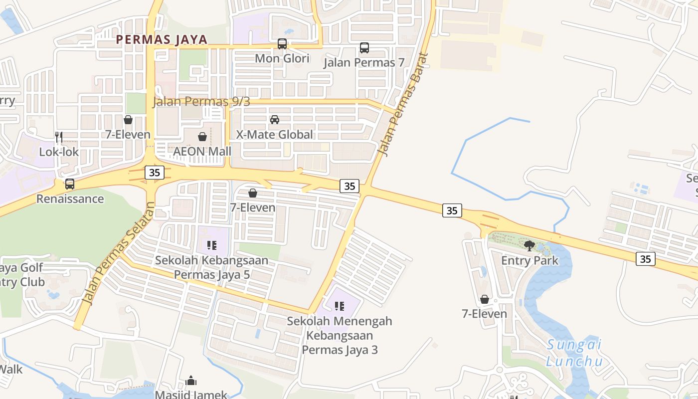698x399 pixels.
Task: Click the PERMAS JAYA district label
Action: click(162, 40)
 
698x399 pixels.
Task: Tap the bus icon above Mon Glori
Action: click(282, 44)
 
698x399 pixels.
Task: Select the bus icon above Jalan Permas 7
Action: click(364, 48)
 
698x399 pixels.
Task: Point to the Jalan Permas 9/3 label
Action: click(201, 101)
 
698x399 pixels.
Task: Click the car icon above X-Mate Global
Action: click(275, 120)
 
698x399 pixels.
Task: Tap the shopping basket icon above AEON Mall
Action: click(202, 137)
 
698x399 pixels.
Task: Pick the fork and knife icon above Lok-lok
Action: click(59, 137)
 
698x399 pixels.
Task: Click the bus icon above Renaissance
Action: click(70, 184)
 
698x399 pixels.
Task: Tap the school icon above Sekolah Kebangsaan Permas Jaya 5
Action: click(211, 245)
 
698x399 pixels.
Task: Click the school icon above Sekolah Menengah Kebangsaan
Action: click(340, 306)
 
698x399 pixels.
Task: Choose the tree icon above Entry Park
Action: click(529, 245)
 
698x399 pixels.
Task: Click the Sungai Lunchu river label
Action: click(574, 353)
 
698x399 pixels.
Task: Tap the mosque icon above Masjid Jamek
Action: click(191, 382)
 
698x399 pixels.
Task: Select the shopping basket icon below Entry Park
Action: click(484, 299)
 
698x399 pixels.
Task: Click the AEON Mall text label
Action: click(202, 151)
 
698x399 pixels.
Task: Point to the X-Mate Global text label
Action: click(275, 135)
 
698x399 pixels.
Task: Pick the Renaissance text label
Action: click(70, 199)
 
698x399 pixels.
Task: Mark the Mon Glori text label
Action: click(282, 58)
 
